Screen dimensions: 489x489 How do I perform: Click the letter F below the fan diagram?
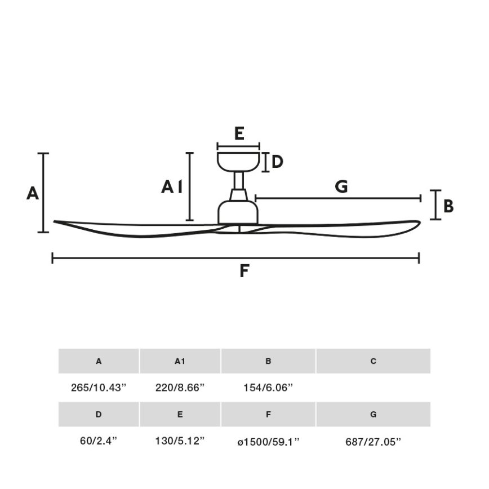(244, 272)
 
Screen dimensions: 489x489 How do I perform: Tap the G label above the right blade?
(341, 186)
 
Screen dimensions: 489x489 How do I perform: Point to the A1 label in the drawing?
(172, 187)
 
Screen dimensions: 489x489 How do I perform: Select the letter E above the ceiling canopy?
(239, 134)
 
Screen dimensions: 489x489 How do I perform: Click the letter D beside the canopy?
(277, 162)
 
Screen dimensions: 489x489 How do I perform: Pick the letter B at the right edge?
(448, 207)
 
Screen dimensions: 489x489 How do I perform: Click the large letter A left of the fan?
(33, 194)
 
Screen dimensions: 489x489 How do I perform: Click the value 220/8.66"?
(179, 388)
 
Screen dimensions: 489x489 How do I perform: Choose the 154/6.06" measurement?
(268, 388)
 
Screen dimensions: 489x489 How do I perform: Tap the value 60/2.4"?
(98, 441)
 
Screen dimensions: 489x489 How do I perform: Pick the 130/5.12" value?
(179, 441)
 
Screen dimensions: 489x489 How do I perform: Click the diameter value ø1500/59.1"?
(268, 441)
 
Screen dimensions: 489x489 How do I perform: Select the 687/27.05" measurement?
(373, 442)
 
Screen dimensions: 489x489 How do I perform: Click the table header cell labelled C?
(373, 361)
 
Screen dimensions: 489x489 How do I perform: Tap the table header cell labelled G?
(373, 415)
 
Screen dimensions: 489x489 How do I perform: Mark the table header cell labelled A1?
(180, 361)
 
